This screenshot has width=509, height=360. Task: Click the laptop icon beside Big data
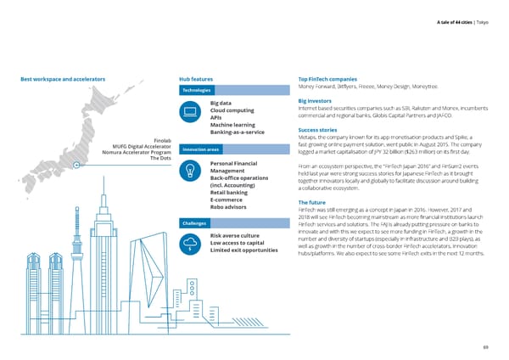190,112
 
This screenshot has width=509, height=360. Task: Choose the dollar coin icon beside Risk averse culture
190,243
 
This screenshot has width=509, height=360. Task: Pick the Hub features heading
202,79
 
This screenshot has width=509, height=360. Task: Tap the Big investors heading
316,101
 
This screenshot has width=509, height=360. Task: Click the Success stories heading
320,130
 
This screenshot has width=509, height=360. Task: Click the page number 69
484,347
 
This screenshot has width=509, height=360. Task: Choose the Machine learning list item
233,126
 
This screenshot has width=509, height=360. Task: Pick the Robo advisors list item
228,207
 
